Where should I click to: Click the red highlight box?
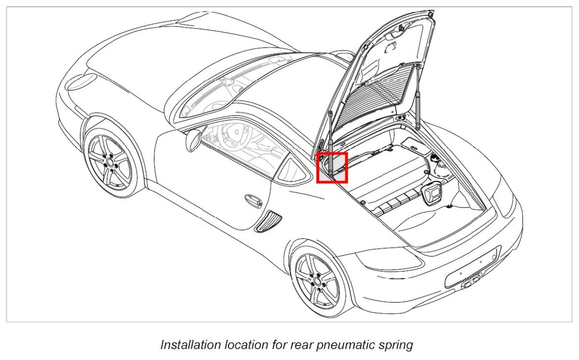(x=332, y=168)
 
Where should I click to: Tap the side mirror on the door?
(x=193, y=139)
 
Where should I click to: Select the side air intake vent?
(x=267, y=221)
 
